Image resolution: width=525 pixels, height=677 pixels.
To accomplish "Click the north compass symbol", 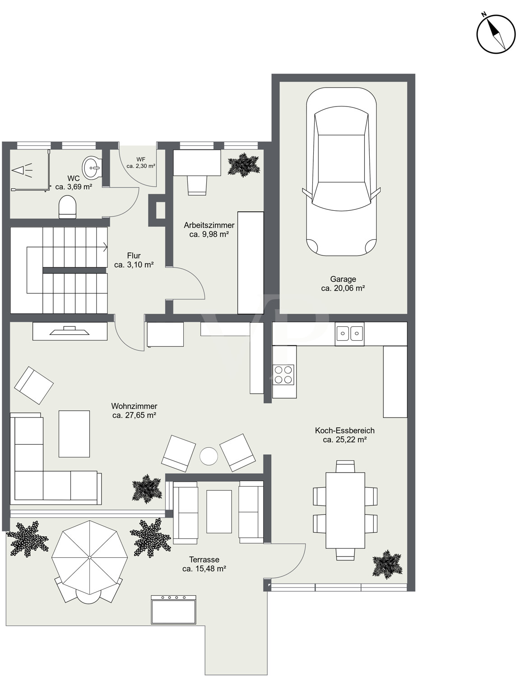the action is pos(496,34).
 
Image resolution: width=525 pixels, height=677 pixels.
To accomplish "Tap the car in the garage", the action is pos(341,172).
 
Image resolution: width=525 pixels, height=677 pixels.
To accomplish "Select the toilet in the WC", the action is pos(67,207).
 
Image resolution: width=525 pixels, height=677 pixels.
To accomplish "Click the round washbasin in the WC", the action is pos(92,167).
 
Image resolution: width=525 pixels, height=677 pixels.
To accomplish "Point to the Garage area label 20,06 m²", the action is pos(343,288).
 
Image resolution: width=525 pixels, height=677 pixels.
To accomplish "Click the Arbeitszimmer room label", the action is pos(209,225).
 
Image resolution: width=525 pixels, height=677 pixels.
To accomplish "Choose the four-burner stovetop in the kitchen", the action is pos(283,375).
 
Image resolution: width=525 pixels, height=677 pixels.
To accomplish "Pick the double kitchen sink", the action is pos(349,334).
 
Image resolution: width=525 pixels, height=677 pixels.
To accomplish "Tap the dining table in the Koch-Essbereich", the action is pos(345,510).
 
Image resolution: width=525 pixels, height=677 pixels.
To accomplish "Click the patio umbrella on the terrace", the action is pos(89,557).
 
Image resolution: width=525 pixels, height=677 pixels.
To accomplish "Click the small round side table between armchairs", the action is pos(209,456).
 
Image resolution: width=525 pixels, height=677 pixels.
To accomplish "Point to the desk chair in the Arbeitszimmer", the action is pos(197,185).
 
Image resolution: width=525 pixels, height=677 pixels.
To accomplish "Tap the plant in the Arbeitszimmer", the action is pos(244,165).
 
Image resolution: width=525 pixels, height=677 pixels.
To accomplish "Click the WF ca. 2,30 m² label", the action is pos(141,163).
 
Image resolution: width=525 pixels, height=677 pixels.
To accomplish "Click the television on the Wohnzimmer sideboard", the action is pos(70,330).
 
